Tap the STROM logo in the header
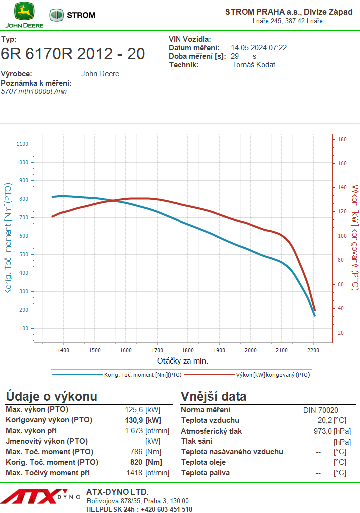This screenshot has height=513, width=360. tap(73, 15)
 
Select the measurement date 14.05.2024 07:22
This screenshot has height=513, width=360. tap(259, 48)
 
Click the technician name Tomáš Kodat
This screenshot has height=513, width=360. tap(254, 65)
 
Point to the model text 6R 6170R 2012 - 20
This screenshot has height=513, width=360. tap(73, 54)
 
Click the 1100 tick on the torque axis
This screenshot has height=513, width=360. tap(23, 144)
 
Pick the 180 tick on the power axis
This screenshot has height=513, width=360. tap(342, 139)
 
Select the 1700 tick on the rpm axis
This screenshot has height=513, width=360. tap(157, 350)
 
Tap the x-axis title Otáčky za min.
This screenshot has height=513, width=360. tap(182, 361)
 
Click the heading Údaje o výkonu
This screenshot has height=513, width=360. tap(51, 397)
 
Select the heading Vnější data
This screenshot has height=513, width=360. tap(214, 397)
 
